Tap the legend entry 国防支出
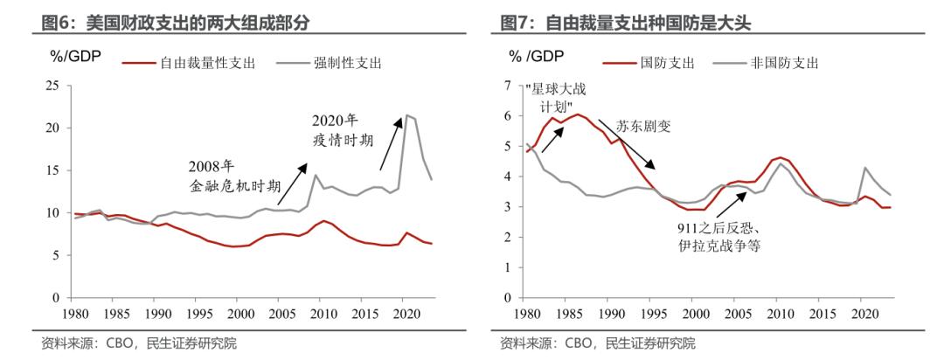pyautogui.click(x=660, y=62)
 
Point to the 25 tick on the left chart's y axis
pyautogui.click(x=52, y=86)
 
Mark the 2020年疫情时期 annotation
pyautogui.click(x=339, y=130)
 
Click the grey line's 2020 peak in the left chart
pyautogui.click(x=406, y=114)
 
